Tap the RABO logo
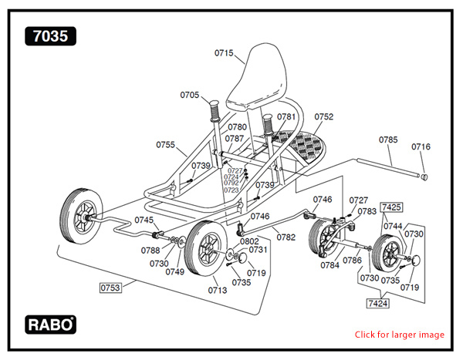coord(50,324)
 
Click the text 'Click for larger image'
coord(399,335)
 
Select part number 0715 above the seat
coord(224,52)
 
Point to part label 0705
coord(190,96)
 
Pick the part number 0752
coord(323,117)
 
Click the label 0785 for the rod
coord(388,140)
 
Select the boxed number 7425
coord(391,207)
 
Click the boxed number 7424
coord(377,304)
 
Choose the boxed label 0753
coord(110,288)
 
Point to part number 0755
coord(166,144)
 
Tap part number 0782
coord(286,237)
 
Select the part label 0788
coord(150,250)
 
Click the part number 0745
coord(144,220)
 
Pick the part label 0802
coord(249,241)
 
